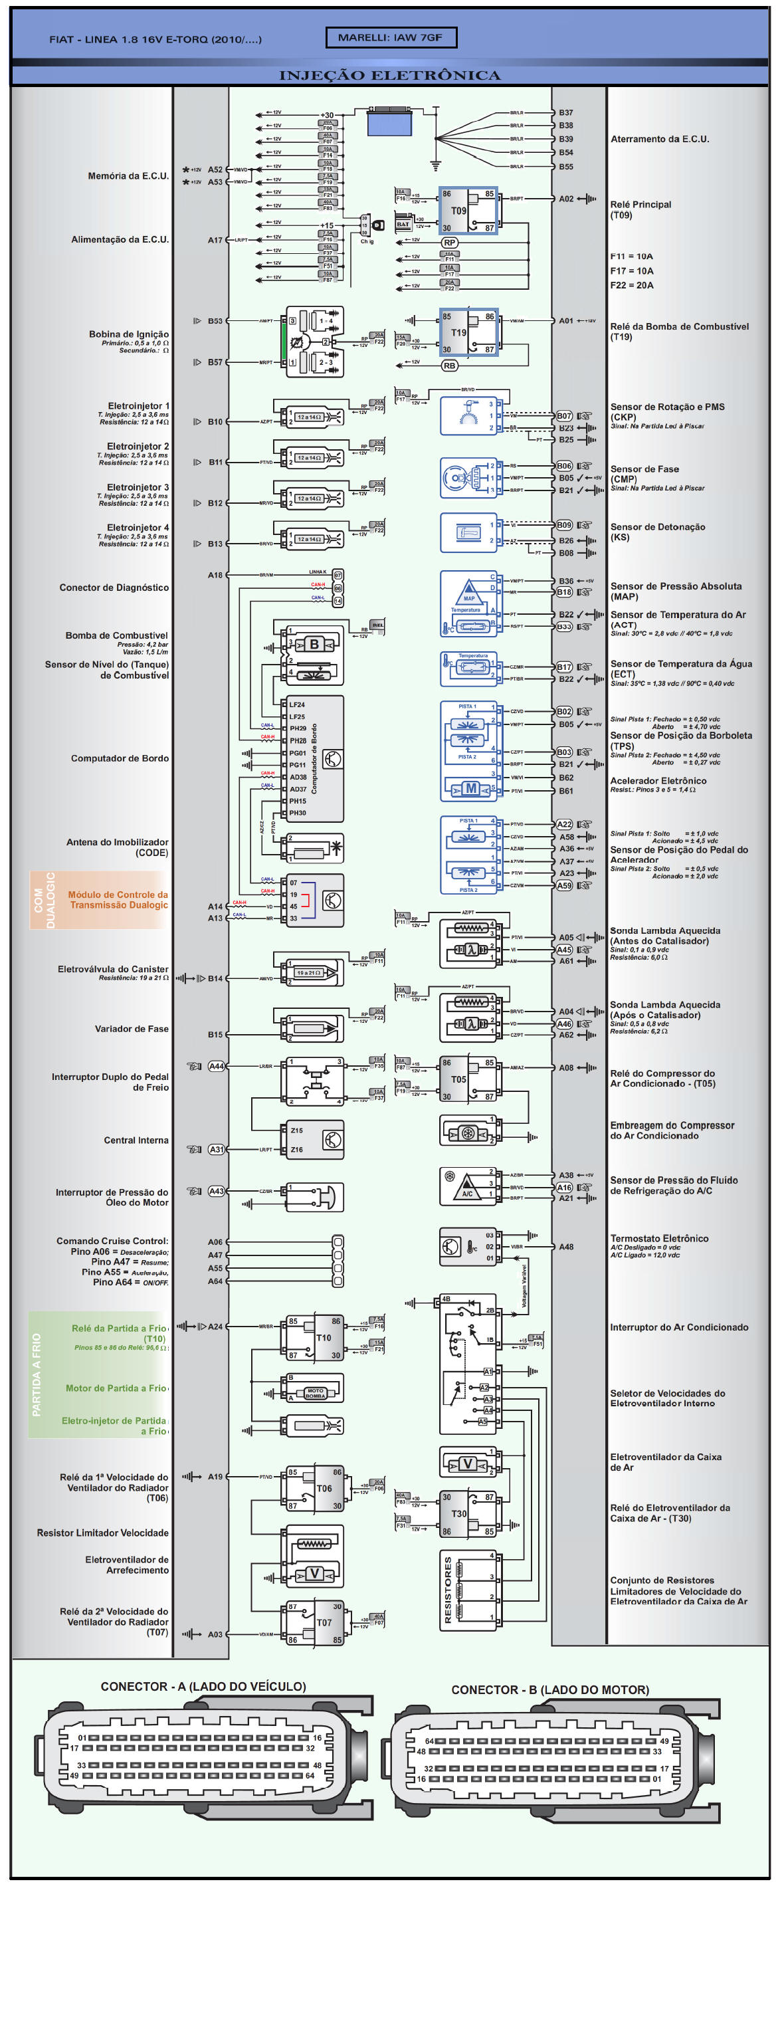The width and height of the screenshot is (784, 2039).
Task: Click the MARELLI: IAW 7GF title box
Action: click(391, 37)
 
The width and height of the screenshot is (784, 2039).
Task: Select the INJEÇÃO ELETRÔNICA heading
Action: click(390, 76)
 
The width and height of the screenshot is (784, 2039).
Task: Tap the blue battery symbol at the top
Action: click(389, 124)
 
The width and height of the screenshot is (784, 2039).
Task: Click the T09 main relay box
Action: click(468, 211)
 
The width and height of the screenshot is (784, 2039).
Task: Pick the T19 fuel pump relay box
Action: click(468, 332)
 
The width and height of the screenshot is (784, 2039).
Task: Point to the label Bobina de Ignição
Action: click(128, 334)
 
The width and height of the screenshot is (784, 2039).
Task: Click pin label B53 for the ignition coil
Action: click(215, 322)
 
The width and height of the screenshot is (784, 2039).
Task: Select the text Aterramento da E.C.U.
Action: click(660, 140)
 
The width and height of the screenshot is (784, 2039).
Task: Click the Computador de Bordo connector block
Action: click(314, 758)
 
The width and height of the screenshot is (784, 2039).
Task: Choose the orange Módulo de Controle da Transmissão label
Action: click(118, 900)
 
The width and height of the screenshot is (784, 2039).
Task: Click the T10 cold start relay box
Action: click(314, 1338)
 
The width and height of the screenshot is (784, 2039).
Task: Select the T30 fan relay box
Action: click(468, 1513)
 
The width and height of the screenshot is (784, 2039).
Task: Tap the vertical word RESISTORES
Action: click(448, 1590)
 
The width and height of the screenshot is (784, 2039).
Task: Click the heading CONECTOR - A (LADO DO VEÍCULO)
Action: click(203, 1687)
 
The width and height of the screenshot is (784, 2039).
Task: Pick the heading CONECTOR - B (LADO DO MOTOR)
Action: click(550, 1690)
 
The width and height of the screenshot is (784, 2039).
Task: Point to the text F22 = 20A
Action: click(631, 285)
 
